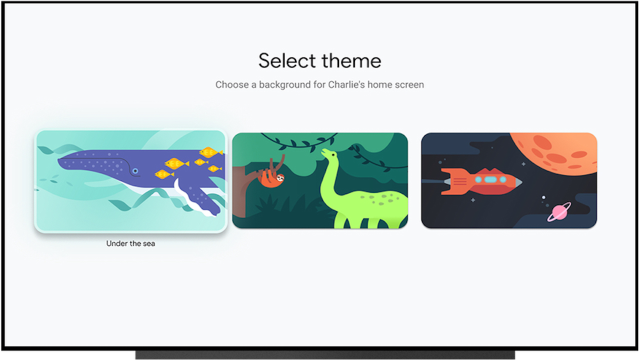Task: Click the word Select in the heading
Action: [x=287, y=61]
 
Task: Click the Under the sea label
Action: [x=130, y=243]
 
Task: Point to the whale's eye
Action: [x=135, y=171]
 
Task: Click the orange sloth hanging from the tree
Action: [x=270, y=175]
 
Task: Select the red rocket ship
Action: [x=480, y=181]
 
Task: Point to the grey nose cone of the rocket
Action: [x=517, y=181]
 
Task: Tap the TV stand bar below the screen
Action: [x=325, y=355]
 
